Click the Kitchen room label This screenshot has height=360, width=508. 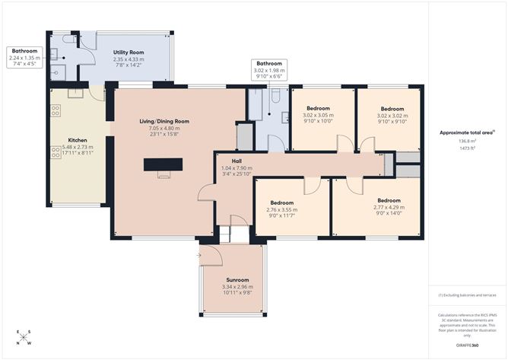click(x=77, y=141)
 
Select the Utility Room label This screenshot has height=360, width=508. click(x=129, y=53)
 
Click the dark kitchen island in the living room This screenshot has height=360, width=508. click(x=164, y=164)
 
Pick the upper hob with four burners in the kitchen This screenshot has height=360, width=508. click(x=56, y=111)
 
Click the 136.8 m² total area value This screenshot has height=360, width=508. click(x=467, y=141)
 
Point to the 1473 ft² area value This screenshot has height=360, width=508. click(x=467, y=148)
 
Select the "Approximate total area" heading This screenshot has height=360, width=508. click(x=465, y=132)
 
